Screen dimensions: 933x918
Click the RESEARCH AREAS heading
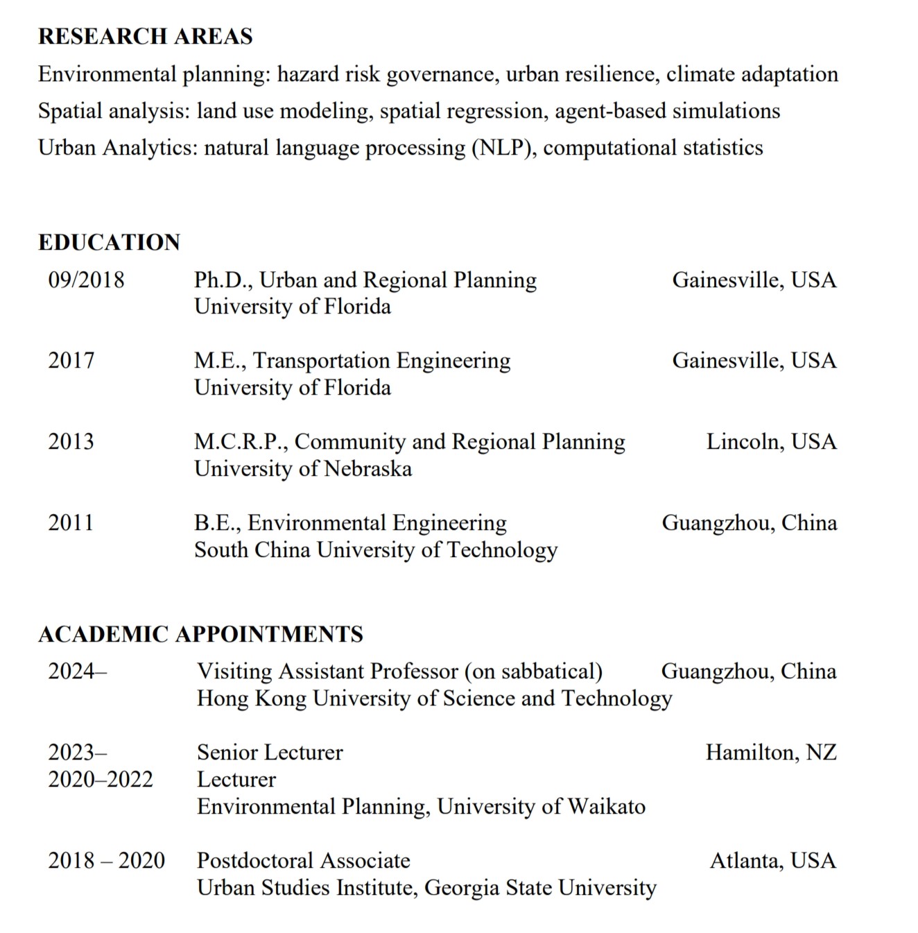coord(145,36)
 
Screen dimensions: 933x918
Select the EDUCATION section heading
coord(109,242)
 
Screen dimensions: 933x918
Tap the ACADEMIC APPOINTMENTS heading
coord(200,634)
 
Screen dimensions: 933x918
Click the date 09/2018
coord(86,280)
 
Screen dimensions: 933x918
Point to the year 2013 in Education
coord(71,441)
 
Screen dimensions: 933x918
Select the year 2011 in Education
coord(71,522)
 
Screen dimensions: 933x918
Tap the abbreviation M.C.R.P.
coord(241,441)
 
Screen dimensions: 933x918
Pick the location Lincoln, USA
coord(771,441)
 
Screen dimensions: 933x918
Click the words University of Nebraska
coord(303,468)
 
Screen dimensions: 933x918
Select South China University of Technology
coord(376,549)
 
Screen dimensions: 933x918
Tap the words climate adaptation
coord(752,74)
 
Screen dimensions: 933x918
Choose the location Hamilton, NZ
coord(771,752)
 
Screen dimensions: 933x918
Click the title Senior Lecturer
coord(270,752)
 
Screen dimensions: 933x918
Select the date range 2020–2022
coord(100,779)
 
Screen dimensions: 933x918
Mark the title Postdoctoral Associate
coord(303,860)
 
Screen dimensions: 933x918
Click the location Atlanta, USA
coord(772,860)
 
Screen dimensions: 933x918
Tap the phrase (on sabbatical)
coord(533,671)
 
